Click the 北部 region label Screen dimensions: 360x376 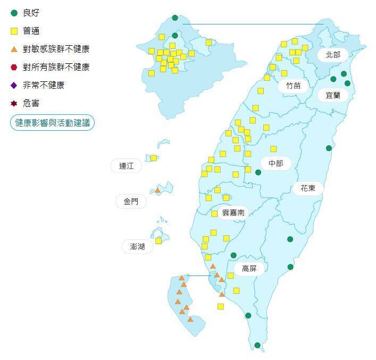[x=333, y=55]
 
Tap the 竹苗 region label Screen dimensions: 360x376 [x=293, y=86]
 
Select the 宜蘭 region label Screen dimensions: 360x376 [x=333, y=95]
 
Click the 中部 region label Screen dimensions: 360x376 [x=276, y=164]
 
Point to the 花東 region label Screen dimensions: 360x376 [x=308, y=188]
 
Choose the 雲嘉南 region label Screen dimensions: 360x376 [x=233, y=213]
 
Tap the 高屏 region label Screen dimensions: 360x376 [x=249, y=269]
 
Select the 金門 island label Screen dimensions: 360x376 [x=130, y=202]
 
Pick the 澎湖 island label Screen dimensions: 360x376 [x=137, y=247]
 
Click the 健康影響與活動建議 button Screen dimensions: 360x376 [x=52, y=123]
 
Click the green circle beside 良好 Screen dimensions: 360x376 [x=14, y=13]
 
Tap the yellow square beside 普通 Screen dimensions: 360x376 [x=14, y=31]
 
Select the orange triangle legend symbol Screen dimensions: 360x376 [x=14, y=49]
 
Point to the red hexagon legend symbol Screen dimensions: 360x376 [x=14, y=67]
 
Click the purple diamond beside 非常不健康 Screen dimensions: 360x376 [x=14, y=85]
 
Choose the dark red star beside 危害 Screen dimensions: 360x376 [x=14, y=103]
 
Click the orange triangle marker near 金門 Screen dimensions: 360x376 [x=157, y=190]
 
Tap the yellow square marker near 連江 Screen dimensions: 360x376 [x=154, y=158]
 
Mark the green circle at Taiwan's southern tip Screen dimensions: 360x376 [x=257, y=345]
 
